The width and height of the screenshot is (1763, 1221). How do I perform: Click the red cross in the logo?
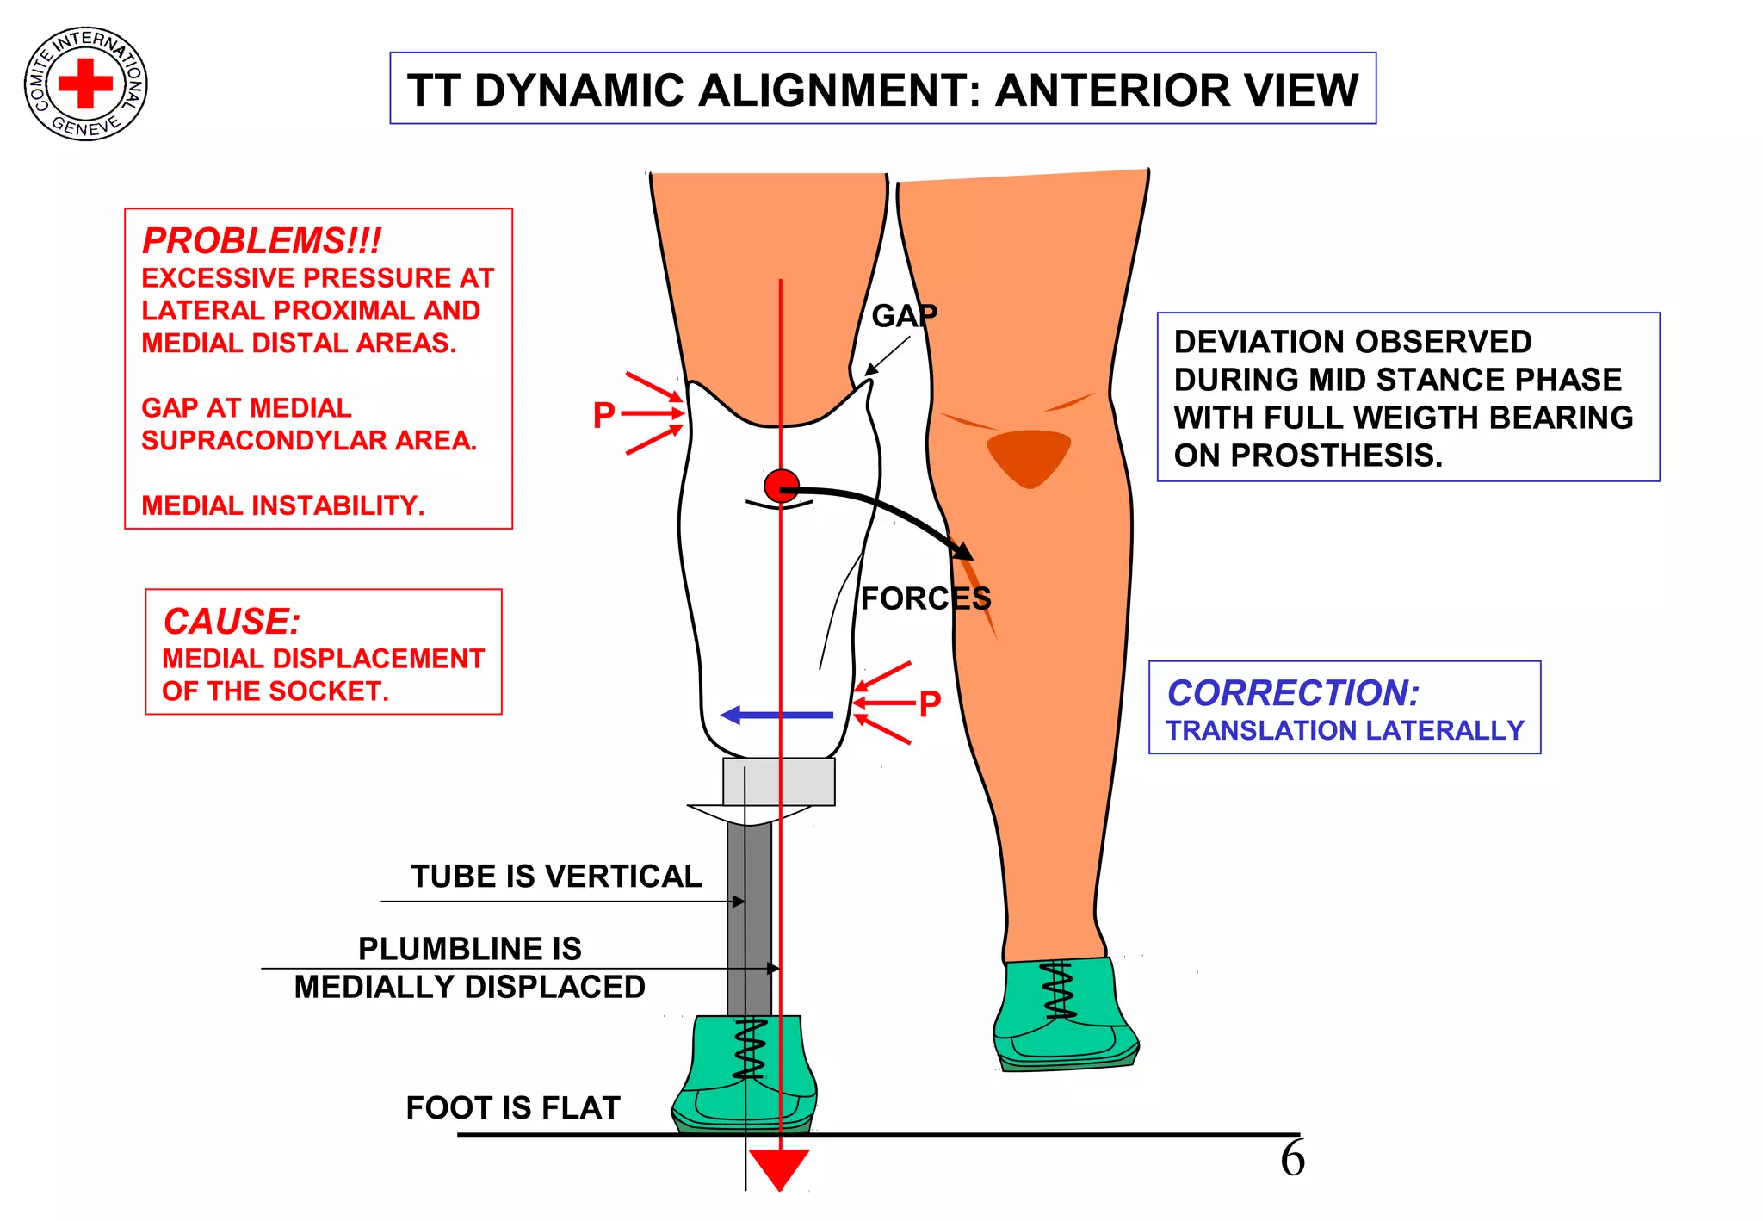pyautogui.click(x=85, y=84)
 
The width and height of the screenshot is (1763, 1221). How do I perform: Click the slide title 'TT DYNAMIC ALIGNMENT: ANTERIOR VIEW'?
pyautogui.click(x=882, y=90)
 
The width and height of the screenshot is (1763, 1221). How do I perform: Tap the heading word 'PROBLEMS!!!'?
pyautogui.click(x=262, y=241)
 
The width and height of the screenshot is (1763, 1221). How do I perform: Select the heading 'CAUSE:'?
pyautogui.click(x=232, y=621)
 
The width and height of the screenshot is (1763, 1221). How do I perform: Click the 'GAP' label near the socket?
pyautogui.click(x=904, y=316)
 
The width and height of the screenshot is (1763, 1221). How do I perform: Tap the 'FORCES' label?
pyautogui.click(x=925, y=598)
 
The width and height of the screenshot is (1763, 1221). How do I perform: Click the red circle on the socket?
pyautogui.click(x=782, y=487)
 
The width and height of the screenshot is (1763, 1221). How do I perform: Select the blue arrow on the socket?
pyautogui.click(x=776, y=715)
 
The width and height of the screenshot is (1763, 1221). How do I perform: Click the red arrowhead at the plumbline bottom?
pyautogui.click(x=779, y=1167)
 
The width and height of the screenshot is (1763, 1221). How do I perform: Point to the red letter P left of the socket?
pyautogui.click(x=604, y=415)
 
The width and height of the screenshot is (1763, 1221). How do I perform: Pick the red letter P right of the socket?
pyautogui.click(x=930, y=703)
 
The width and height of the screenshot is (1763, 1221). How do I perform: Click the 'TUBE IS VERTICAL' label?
pyautogui.click(x=556, y=877)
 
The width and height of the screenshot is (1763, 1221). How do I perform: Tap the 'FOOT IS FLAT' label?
pyautogui.click(x=513, y=1107)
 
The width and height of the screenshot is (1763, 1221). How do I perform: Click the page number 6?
pyautogui.click(x=1292, y=1159)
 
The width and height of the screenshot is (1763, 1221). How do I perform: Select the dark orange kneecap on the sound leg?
pyautogui.click(x=1029, y=456)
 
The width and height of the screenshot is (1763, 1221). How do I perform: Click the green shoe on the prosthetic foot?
pyautogui.click(x=745, y=1076)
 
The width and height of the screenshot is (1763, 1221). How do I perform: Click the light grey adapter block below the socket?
pyautogui.click(x=778, y=781)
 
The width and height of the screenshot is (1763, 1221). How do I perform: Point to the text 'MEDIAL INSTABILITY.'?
pyautogui.click(x=283, y=505)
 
